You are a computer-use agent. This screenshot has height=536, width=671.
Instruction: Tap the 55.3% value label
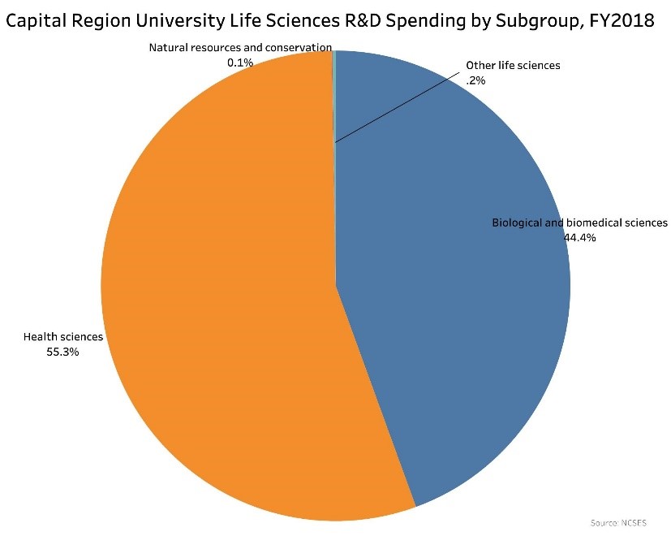pyautogui.click(x=63, y=352)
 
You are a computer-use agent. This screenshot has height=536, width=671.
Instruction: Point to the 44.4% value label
pyautogui.click(x=579, y=238)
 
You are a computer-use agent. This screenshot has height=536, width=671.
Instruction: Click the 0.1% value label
pyautogui.click(x=240, y=62)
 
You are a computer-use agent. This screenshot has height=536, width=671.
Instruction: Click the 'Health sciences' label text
pyautogui.click(x=63, y=337)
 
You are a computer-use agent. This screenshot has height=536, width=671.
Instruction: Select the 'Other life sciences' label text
pyautogui.click(x=513, y=65)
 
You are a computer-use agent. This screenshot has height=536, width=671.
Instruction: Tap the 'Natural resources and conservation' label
pyautogui.click(x=240, y=48)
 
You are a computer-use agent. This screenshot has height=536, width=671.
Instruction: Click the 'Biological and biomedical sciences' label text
pyautogui.click(x=579, y=223)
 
